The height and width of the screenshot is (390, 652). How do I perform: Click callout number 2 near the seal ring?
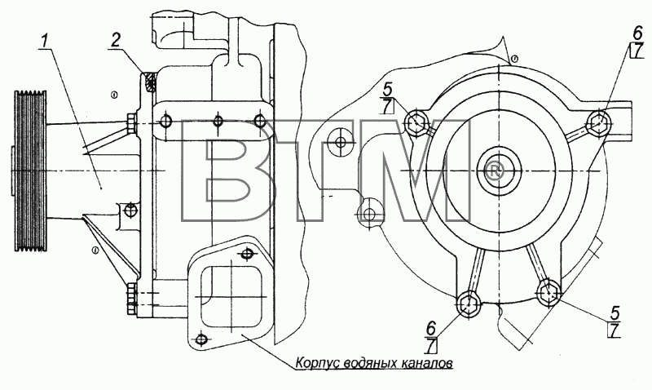(x=116, y=39)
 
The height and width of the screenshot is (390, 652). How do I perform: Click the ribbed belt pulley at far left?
(x=30, y=171)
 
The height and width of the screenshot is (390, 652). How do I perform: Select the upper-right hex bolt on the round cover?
(x=599, y=122)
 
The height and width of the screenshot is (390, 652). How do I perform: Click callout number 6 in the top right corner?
(x=637, y=33)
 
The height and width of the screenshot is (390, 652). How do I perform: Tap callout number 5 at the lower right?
(x=615, y=312)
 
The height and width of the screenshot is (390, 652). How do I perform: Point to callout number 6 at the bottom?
(x=431, y=329)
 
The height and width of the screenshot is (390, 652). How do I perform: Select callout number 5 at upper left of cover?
(x=388, y=90)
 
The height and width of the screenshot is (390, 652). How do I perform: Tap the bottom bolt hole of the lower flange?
(x=201, y=339)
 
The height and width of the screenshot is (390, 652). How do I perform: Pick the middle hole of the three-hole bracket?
(x=218, y=121)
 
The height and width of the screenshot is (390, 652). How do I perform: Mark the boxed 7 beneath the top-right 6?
(x=637, y=51)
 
